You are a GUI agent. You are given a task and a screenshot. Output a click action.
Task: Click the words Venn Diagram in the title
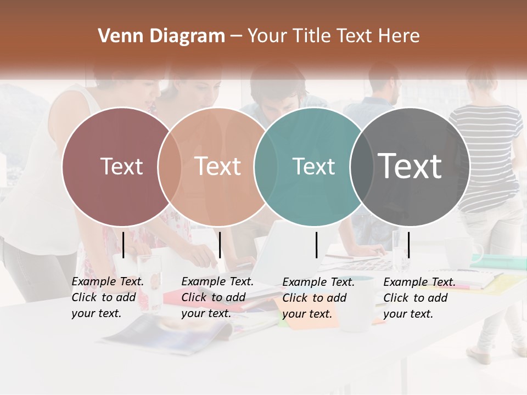[x=161, y=36]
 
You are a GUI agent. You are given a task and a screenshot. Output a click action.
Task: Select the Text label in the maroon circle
[x=121, y=166]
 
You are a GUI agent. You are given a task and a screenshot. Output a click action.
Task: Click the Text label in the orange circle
[x=218, y=166]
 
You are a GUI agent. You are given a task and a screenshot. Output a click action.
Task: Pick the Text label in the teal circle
[x=313, y=166]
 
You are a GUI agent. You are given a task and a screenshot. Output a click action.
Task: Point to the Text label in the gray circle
[x=410, y=166]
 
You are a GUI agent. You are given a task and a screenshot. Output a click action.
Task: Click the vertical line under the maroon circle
[x=124, y=245]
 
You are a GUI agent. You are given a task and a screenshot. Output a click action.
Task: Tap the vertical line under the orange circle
[x=220, y=245]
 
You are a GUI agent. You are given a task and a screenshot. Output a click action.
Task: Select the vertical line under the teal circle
[x=317, y=245]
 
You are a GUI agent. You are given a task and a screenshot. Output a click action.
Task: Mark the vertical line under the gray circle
[x=408, y=245]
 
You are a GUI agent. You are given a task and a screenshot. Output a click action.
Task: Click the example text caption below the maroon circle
[x=108, y=297]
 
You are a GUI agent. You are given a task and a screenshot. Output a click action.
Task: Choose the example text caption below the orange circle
[x=217, y=297]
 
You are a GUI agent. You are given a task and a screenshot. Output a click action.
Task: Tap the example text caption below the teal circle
[x=318, y=298]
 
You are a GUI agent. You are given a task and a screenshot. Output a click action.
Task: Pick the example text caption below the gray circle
[x=419, y=298]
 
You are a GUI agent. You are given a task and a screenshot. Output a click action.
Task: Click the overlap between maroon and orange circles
[x=170, y=166]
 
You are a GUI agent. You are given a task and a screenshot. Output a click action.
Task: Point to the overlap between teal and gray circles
[x=361, y=166]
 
